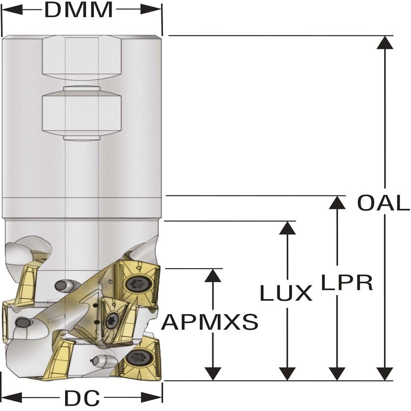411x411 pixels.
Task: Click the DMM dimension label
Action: point(78,10)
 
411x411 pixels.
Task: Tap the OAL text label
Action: point(383,203)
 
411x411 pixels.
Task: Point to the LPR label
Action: point(347,282)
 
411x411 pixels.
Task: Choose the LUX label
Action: point(286,293)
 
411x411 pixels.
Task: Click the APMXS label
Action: point(210,322)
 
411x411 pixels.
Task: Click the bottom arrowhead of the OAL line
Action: point(386,374)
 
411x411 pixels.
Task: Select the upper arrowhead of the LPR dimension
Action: point(337,203)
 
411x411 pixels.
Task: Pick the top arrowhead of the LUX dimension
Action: point(287,228)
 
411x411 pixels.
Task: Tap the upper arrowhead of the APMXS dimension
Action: point(213,275)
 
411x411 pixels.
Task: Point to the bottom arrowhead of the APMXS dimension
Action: point(213,374)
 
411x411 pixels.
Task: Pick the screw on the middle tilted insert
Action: point(112,320)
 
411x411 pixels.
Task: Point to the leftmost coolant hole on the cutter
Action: point(23,322)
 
